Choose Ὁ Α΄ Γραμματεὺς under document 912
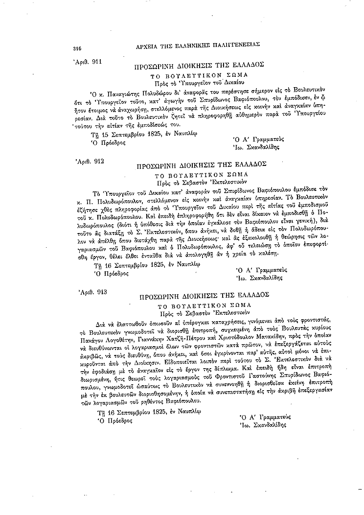(x=261, y=269)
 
